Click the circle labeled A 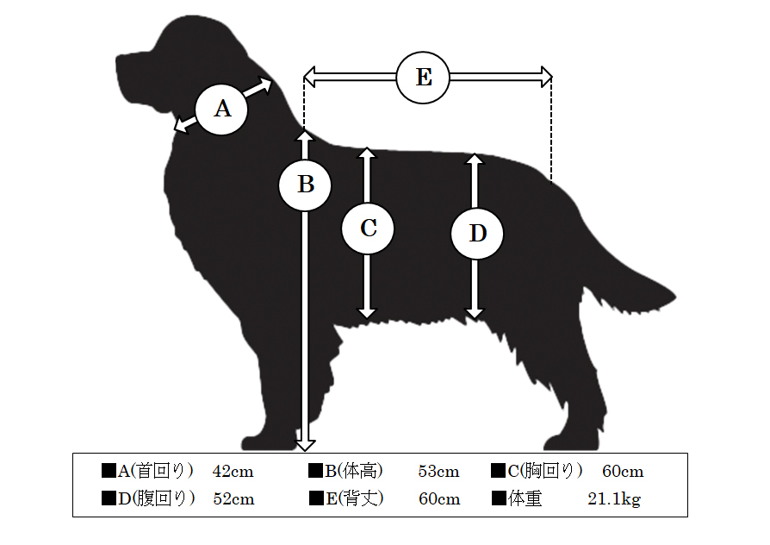(x=221, y=109)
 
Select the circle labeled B (x=305, y=185)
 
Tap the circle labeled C (x=368, y=229)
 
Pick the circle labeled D (x=477, y=233)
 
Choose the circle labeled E (x=423, y=78)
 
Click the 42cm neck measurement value (x=233, y=471)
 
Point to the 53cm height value (x=438, y=471)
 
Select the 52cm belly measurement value (x=233, y=498)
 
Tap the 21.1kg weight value (x=614, y=499)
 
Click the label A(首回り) (x=156, y=471)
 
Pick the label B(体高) (x=354, y=471)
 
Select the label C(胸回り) (x=545, y=471)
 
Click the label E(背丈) (x=355, y=498)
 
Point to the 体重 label (x=525, y=498)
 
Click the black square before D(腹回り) (x=109, y=498)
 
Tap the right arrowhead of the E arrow (x=547, y=78)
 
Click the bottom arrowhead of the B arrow (x=305, y=445)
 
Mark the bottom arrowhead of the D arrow (x=475, y=314)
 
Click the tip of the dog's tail (x=676, y=297)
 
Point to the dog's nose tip (x=117, y=59)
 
